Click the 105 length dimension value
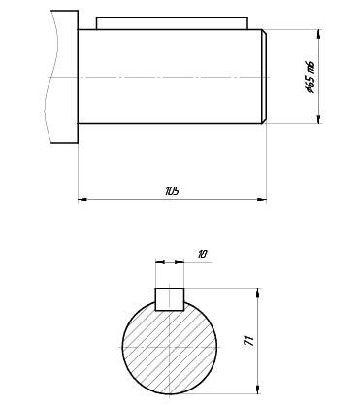click(x=172, y=191)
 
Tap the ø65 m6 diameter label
click(x=311, y=77)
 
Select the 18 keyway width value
click(x=202, y=254)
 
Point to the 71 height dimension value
click(x=249, y=341)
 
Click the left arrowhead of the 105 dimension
click(x=82, y=199)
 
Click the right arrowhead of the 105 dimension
click(x=262, y=199)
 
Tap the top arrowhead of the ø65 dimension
click(x=320, y=35)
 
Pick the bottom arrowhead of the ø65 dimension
click(x=320, y=119)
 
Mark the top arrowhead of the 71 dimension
click(x=258, y=292)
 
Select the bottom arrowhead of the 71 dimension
click(x=258, y=390)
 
